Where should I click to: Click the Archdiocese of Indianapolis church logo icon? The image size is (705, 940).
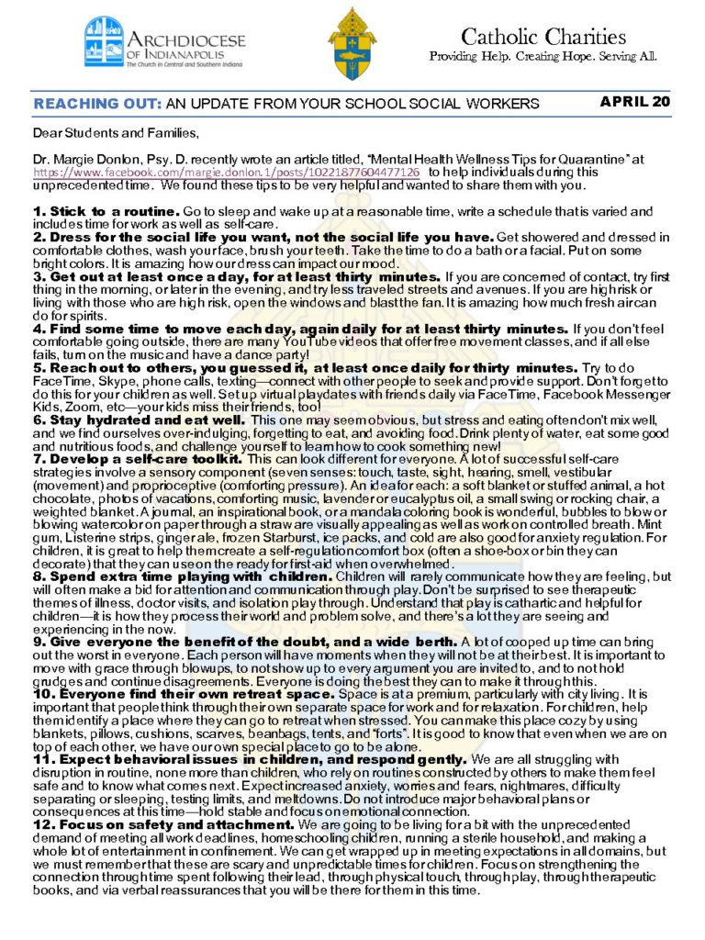pos(104,41)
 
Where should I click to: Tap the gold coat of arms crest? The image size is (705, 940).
pos(352,43)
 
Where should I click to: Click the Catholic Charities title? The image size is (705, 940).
pos(543,37)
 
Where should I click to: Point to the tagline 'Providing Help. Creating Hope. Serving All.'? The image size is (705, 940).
pos(543,57)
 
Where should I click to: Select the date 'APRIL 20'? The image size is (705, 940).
pos(635,102)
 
